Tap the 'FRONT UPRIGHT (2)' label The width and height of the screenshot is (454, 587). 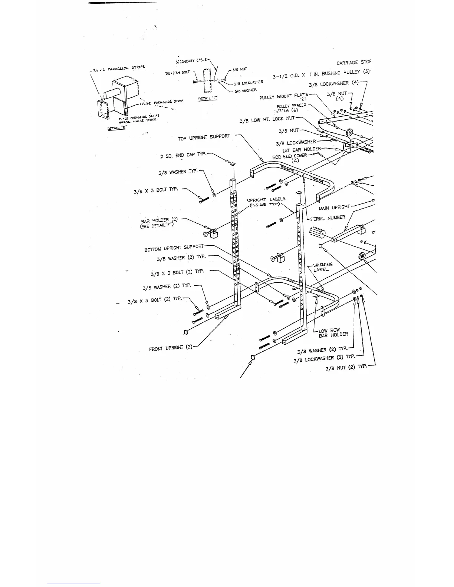[171, 348]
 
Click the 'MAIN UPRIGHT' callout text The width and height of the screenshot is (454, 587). [334, 207]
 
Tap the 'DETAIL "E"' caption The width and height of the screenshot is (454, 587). [115, 128]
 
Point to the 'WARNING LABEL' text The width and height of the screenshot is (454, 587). [323, 267]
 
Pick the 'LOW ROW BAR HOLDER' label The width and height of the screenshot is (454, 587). [333, 332]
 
